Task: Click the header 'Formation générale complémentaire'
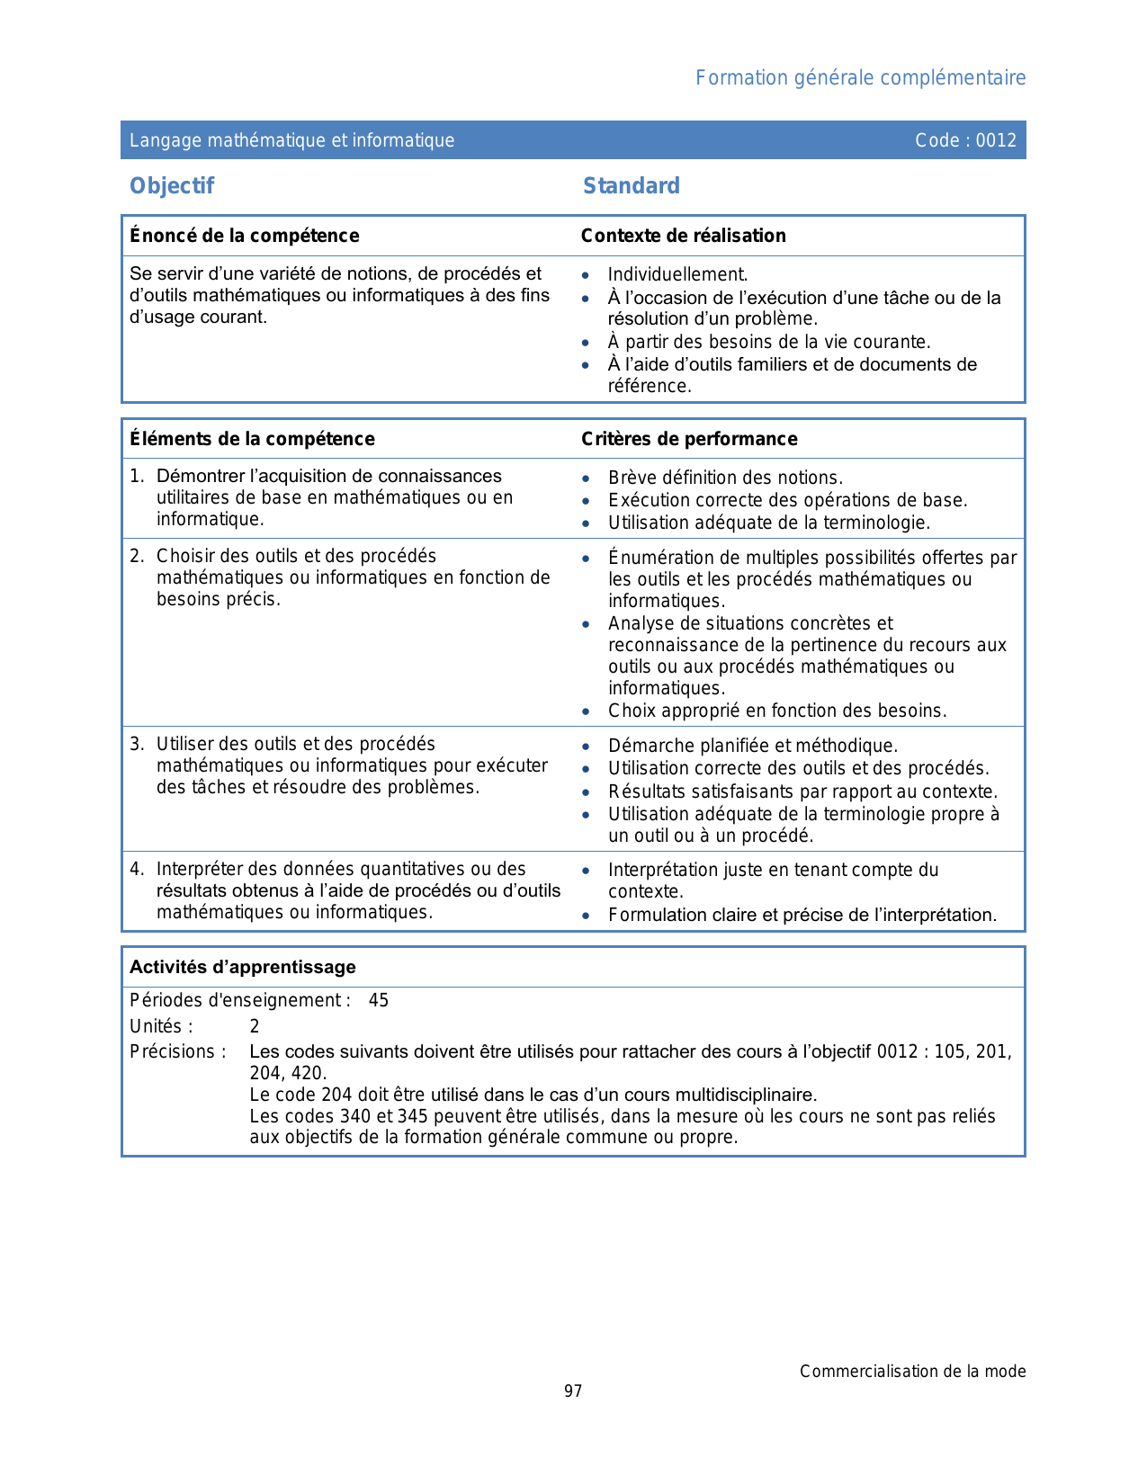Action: (x=860, y=78)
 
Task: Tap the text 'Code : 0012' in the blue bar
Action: (x=965, y=140)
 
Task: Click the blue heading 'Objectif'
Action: (x=172, y=186)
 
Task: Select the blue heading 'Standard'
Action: (x=632, y=186)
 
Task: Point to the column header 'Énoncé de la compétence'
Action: (x=245, y=236)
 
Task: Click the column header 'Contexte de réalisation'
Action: (x=683, y=236)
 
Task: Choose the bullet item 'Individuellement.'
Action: (x=677, y=274)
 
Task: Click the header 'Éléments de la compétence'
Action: (x=252, y=439)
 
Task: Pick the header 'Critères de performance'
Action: (x=689, y=439)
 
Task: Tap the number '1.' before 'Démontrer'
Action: (x=137, y=477)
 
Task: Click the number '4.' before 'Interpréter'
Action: (x=137, y=869)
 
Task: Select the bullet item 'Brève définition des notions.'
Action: (x=725, y=478)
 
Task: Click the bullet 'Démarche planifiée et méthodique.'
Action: (x=753, y=746)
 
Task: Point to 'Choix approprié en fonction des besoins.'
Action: (x=777, y=711)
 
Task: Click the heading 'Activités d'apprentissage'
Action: (x=243, y=967)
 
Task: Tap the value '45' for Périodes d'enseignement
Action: (x=379, y=1000)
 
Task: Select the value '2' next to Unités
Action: (x=255, y=1026)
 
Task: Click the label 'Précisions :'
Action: (x=178, y=1051)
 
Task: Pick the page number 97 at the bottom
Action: (x=573, y=1391)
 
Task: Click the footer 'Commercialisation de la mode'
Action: (x=912, y=1372)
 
